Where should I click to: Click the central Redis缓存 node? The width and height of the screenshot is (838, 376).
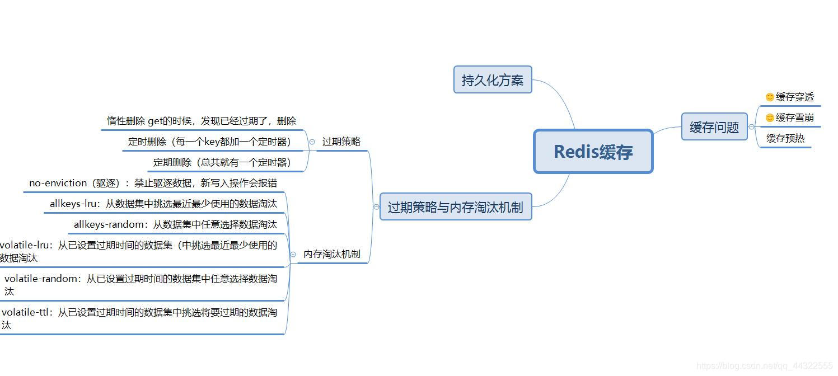tap(593, 152)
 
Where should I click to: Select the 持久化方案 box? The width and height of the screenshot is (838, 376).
tap(492, 80)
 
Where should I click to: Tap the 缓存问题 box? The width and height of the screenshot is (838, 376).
tap(714, 127)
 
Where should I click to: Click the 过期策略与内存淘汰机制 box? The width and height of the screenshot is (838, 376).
tap(455, 208)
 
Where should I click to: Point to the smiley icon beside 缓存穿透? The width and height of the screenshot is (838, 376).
tap(770, 97)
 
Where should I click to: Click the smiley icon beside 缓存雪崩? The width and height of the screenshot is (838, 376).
tap(770, 117)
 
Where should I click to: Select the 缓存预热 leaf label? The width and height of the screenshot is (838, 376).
tap(785, 138)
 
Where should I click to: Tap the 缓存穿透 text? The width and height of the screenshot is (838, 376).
tap(795, 97)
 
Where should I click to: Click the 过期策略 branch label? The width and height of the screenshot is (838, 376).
tap(341, 142)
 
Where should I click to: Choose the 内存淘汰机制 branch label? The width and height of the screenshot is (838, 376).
tap(331, 254)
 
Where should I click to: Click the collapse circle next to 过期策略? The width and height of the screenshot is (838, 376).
tap(312, 142)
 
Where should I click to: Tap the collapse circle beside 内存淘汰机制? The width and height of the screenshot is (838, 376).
tap(293, 255)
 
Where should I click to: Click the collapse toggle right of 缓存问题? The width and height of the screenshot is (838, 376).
tap(751, 127)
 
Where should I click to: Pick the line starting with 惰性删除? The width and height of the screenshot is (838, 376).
tap(202, 121)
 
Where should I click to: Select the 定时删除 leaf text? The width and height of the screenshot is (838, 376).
tap(209, 142)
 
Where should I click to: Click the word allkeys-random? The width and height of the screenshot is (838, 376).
tap(110, 224)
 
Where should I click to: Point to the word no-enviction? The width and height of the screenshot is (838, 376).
tap(58, 183)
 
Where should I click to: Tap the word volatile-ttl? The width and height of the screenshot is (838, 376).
tap(26, 312)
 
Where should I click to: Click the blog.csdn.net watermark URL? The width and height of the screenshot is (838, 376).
tap(764, 366)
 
